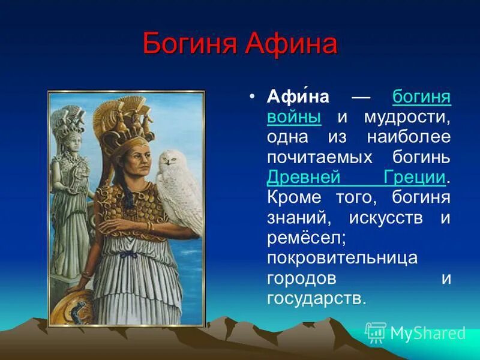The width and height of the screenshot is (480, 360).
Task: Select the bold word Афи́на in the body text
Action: click(298, 97)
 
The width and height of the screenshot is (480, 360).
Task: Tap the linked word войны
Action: click(294, 117)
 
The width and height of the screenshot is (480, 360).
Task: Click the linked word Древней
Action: click(304, 178)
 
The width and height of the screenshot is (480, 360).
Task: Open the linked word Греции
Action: click(415, 178)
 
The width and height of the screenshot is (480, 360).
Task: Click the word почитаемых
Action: click(320, 158)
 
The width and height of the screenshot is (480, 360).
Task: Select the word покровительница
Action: click(342, 258)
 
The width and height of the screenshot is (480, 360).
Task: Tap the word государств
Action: click(316, 298)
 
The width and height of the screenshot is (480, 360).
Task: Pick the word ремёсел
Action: click(307, 238)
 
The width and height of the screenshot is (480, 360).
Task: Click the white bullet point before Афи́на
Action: click(252, 97)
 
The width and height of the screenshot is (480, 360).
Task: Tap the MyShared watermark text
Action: click(428, 333)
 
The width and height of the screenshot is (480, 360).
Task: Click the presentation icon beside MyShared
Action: click(376, 333)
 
